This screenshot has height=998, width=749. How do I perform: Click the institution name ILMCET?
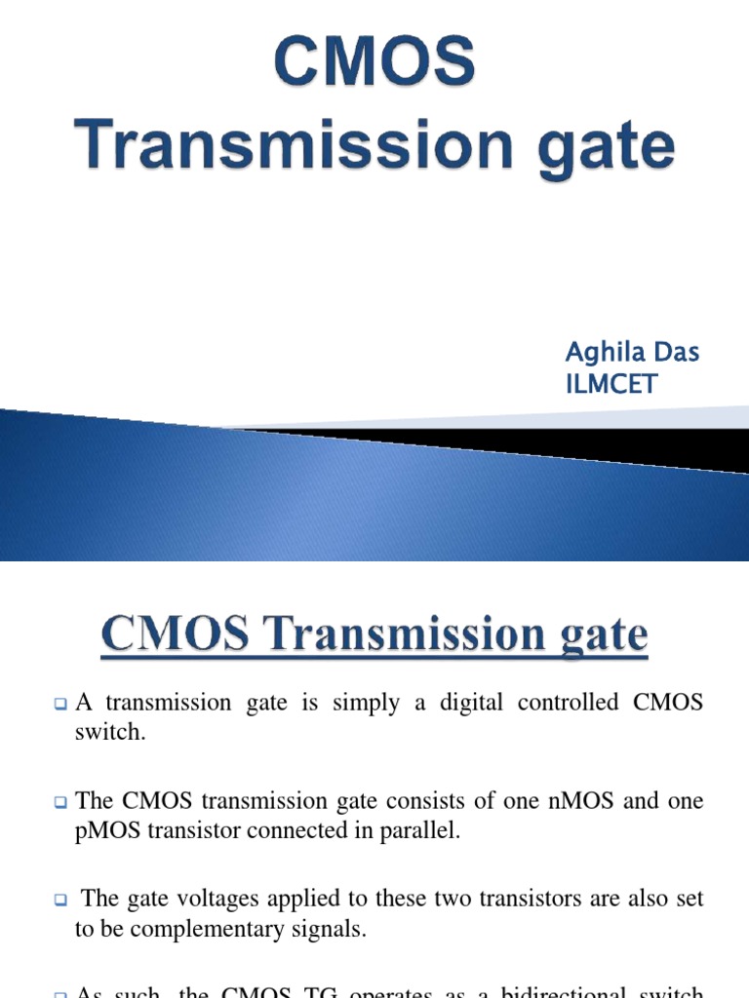(611, 385)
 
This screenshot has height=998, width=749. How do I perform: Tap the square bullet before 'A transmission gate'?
(60, 704)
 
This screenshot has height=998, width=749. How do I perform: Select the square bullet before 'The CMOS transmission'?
(60, 802)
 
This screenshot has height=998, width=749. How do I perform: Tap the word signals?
(331, 930)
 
